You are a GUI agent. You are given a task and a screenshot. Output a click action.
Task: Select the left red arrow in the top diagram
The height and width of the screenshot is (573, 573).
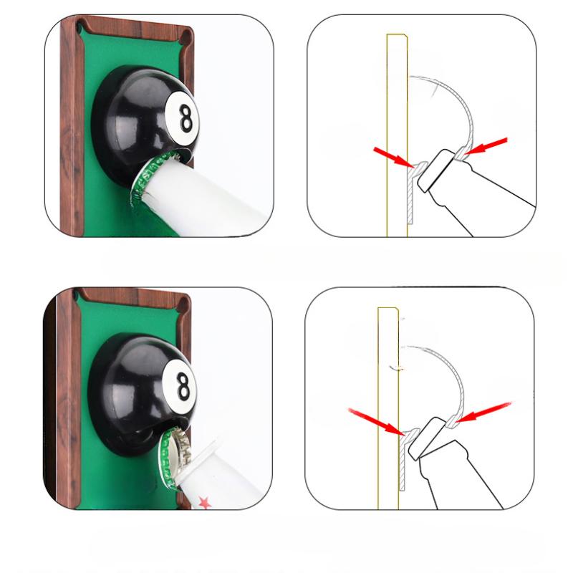(x=391, y=156)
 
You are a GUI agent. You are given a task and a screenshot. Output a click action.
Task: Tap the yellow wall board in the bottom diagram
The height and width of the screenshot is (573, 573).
(x=387, y=358)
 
